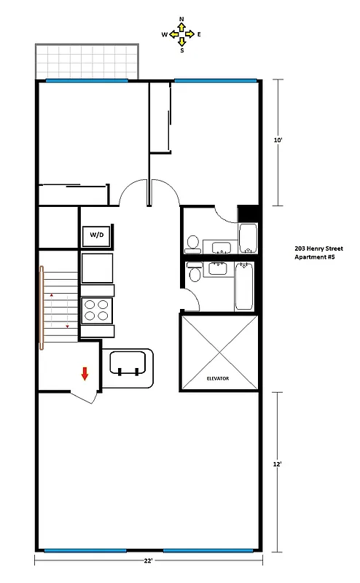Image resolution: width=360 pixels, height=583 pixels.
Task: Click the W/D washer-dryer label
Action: click(96, 235)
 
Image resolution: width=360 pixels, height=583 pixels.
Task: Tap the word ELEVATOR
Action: click(219, 379)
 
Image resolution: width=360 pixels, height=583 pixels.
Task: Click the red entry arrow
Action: click(85, 374)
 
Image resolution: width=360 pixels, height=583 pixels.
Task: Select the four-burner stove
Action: click(97, 310)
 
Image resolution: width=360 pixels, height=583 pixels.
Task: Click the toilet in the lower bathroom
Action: click(195, 273)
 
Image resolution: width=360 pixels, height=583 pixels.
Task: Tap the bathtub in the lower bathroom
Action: click(244, 286)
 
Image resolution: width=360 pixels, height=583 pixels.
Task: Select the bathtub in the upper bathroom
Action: click(248, 238)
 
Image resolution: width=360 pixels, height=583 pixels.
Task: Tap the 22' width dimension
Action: click(148, 561)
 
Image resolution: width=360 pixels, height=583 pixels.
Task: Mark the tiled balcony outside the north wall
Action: click(86, 61)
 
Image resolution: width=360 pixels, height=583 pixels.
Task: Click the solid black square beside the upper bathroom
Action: click(249, 214)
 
